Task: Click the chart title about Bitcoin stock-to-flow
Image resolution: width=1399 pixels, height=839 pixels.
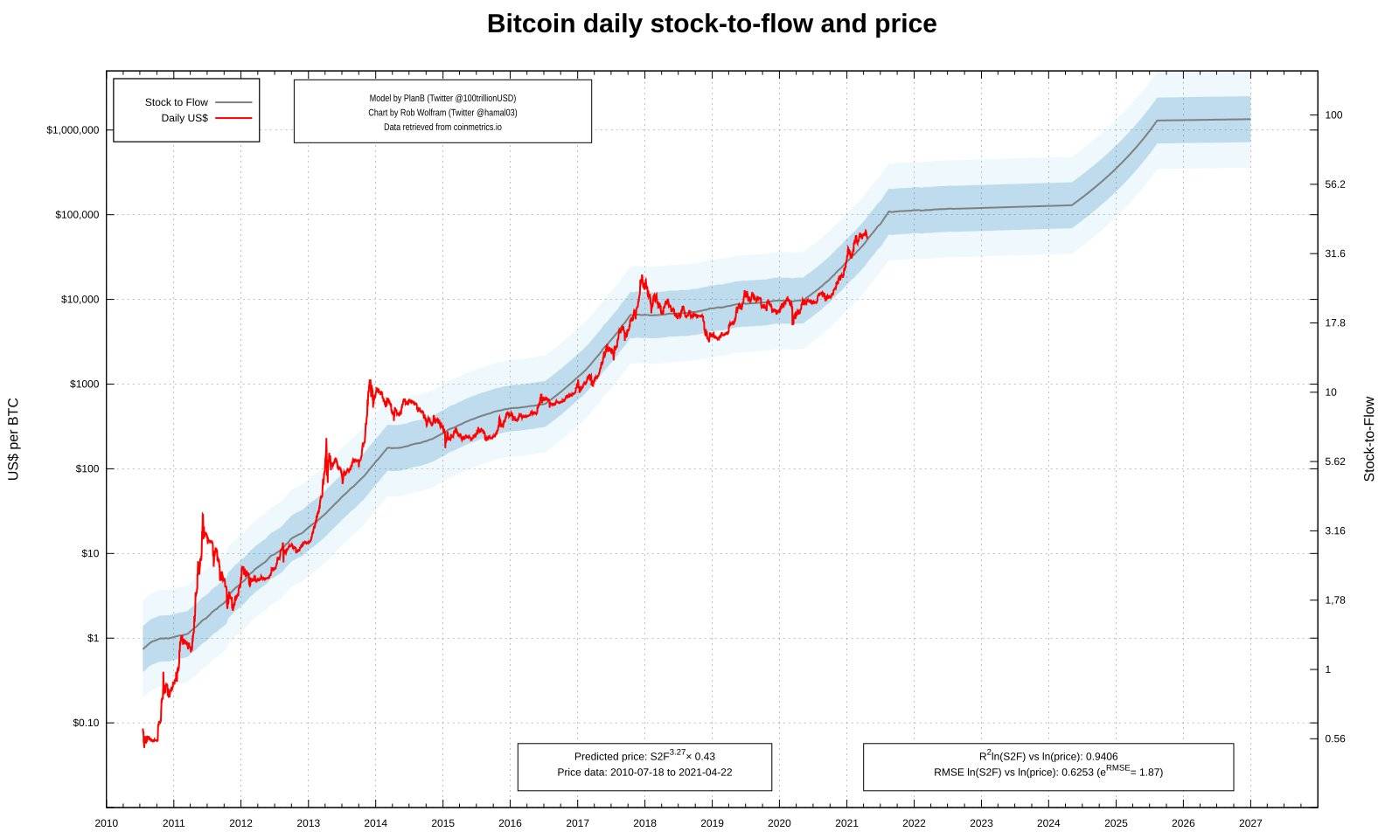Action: pos(711,24)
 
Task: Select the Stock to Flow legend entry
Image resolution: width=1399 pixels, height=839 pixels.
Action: pos(177,102)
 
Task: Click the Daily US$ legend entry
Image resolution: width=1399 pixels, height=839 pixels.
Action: pos(184,118)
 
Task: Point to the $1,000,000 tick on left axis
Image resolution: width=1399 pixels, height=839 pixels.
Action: pos(79,130)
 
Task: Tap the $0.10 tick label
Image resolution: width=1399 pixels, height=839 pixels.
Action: pos(86,723)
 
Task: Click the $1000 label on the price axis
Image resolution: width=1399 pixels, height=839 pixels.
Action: pos(85,385)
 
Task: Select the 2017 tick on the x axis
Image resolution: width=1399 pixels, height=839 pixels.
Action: pos(577,823)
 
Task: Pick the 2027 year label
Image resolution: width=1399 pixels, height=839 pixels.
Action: pos(1250,823)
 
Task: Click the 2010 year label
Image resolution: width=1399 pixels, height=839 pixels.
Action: pos(107,823)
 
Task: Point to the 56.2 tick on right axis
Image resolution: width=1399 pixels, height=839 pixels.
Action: pos(1334,184)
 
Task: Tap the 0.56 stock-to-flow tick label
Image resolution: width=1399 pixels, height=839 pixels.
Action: pos(1334,738)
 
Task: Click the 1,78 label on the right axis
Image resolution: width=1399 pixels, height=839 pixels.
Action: pos(1334,600)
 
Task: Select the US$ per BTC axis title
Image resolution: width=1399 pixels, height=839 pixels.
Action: pos(13,439)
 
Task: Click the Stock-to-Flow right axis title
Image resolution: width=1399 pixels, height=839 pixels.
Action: pos(1369,439)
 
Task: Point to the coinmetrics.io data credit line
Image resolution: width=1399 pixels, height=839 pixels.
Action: pos(442,128)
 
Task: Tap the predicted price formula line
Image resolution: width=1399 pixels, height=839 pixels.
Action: pos(644,757)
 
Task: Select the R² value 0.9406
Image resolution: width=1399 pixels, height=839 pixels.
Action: pos(1048,757)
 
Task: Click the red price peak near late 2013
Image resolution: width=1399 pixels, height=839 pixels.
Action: pos(370,380)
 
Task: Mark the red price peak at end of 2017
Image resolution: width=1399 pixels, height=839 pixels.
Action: pos(643,276)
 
